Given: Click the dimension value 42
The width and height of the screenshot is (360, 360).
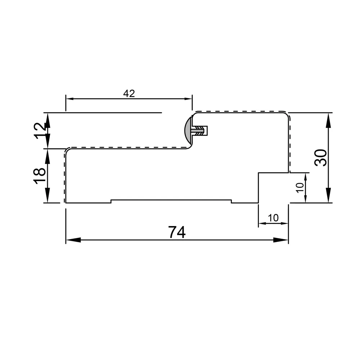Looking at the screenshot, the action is coord(129,94).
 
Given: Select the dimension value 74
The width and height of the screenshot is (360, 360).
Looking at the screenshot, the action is coord(177,232).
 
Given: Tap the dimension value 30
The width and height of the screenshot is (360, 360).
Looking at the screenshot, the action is coord(321,158).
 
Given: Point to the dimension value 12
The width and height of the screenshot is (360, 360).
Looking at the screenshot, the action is coord(40,131).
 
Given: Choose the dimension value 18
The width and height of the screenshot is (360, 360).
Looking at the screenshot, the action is coord(40,176).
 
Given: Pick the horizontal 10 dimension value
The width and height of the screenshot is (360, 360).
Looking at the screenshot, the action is coord(273,218).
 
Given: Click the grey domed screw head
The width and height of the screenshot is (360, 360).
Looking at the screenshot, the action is coord(189,130).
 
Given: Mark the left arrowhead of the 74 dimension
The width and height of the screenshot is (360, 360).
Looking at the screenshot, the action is coord(73,240).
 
